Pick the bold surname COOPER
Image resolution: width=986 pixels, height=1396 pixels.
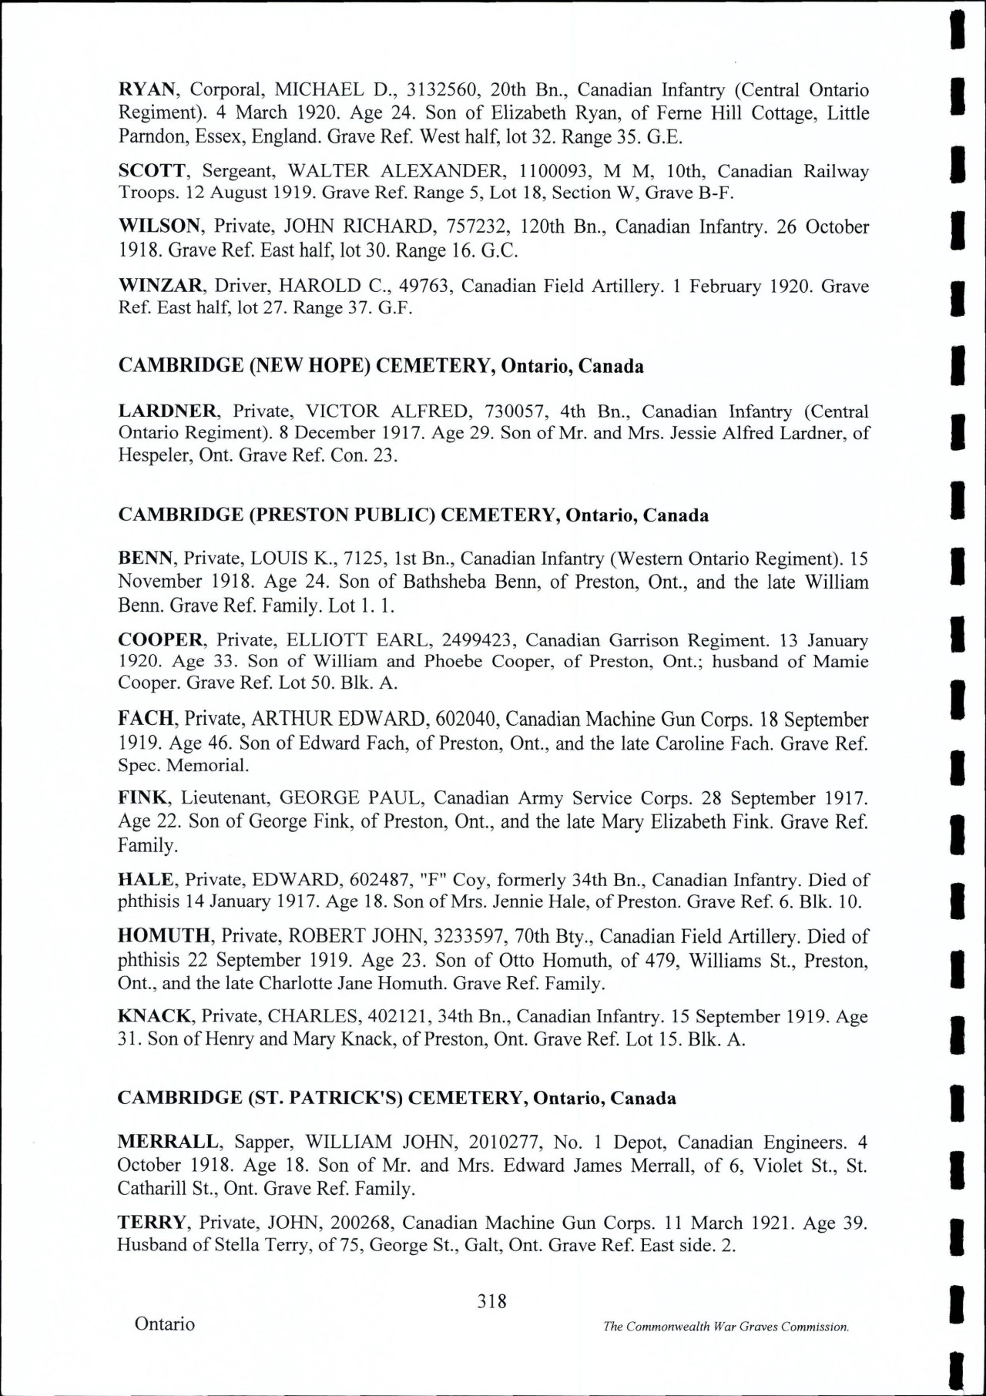[x=160, y=640]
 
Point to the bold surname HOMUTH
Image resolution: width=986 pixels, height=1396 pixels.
[x=164, y=937]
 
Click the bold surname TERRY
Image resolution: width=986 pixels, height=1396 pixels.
[x=152, y=1223]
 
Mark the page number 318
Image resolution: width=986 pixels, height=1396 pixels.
[x=491, y=1301]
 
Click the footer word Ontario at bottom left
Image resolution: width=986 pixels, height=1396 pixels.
[x=165, y=1324]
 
